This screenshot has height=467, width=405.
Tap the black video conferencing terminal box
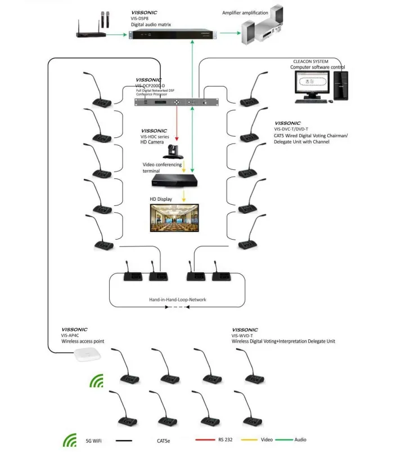click(175, 181)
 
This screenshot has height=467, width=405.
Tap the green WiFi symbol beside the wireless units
click(97, 381)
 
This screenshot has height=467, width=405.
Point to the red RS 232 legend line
click(205, 439)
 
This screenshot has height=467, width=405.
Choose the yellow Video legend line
click(250, 439)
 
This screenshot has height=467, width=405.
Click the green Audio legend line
click(284, 439)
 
